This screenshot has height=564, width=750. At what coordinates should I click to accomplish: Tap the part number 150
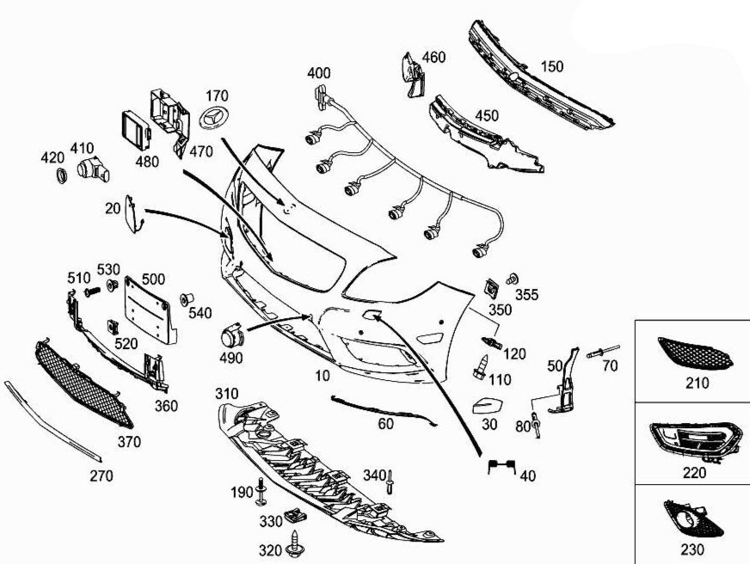(x=552, y=66)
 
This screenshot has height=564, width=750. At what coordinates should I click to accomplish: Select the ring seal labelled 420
(x=62, y=176)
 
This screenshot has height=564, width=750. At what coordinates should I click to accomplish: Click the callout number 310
(x=226, y=394)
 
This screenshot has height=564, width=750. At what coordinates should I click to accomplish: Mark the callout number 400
(x=318, y=73)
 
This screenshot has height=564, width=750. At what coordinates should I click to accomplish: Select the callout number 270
(x=101, y=475)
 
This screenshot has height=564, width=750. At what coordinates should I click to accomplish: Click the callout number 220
(x=693, y=472)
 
